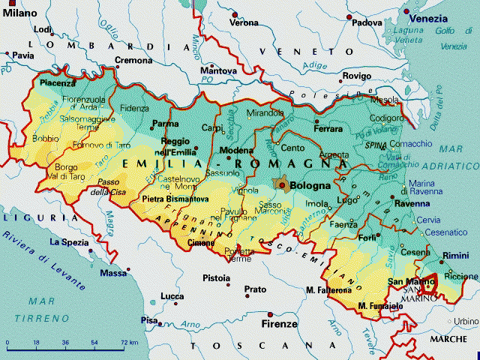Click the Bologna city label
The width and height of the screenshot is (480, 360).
310,184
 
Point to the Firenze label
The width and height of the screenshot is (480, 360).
278,325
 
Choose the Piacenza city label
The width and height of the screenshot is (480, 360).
59,83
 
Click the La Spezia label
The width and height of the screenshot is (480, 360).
69,242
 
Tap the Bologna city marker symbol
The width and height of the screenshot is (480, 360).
282,184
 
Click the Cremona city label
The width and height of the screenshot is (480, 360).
133,60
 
